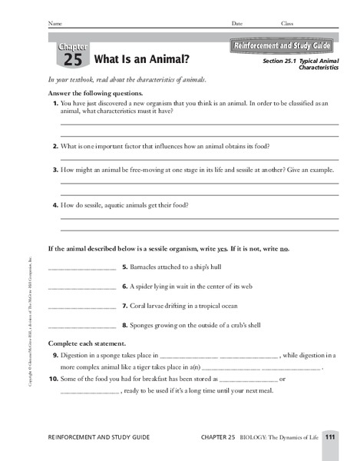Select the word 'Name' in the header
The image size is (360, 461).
[x=54, y=24]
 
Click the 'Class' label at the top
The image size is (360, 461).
[x=287, y=24]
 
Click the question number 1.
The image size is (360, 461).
[x=56, y=102]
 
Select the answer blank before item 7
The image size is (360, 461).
[x=81, y=307]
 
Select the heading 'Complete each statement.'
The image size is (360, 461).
[x=84, y=343]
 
